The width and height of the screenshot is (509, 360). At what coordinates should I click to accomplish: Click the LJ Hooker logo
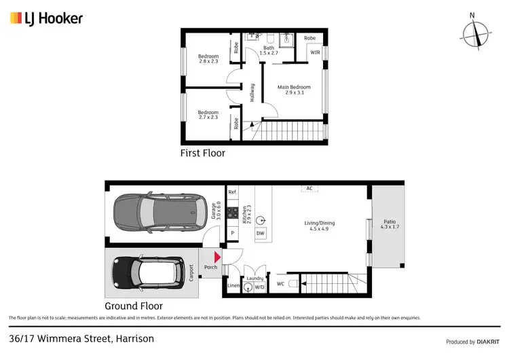tap(46, 18)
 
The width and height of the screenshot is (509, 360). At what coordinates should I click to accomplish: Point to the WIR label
tap(315, 52)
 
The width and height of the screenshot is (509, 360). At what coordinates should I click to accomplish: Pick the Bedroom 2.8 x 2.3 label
tap(208, 59)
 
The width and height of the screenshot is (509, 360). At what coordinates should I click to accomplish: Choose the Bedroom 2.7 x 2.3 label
tap(208, 115)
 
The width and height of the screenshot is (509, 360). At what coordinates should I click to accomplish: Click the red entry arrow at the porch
tap(216, 257)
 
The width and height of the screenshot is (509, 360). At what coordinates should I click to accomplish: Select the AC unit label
tap(309, 188)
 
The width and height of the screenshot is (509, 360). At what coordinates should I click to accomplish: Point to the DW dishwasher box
tap(260, 234)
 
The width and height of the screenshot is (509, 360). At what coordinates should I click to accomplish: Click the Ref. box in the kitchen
tap(232, 192)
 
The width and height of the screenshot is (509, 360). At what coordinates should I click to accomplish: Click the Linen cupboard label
tap(233, 286)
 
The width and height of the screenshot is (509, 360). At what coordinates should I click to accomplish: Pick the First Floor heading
tap(202, 154)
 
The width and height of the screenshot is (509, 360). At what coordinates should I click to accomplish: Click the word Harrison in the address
tap(134, 338)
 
